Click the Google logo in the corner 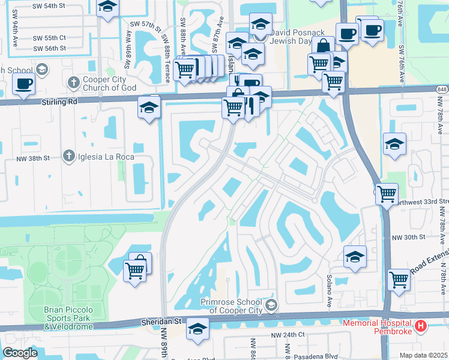click(20, 353)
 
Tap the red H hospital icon click(421, 326)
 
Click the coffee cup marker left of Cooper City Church click(23, 85)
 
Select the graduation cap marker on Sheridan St click(197, 329)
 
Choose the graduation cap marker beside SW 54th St click(107, 7)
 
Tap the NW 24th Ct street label click(288, 334)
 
